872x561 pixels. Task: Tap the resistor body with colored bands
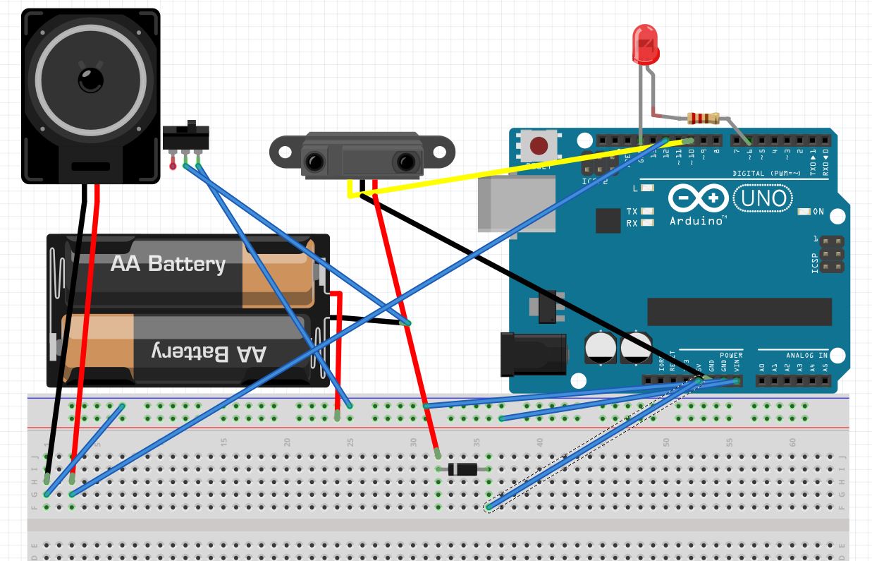[701, 119]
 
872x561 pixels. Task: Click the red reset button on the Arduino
[539, 146]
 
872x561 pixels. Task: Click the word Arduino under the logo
[697, 221]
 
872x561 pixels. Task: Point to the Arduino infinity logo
[697, 198]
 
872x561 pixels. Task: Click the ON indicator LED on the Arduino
[804, 212]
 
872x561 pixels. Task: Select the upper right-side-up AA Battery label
[168, 264]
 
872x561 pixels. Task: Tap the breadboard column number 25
[350, 442]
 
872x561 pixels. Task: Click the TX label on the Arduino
[632, 212]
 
